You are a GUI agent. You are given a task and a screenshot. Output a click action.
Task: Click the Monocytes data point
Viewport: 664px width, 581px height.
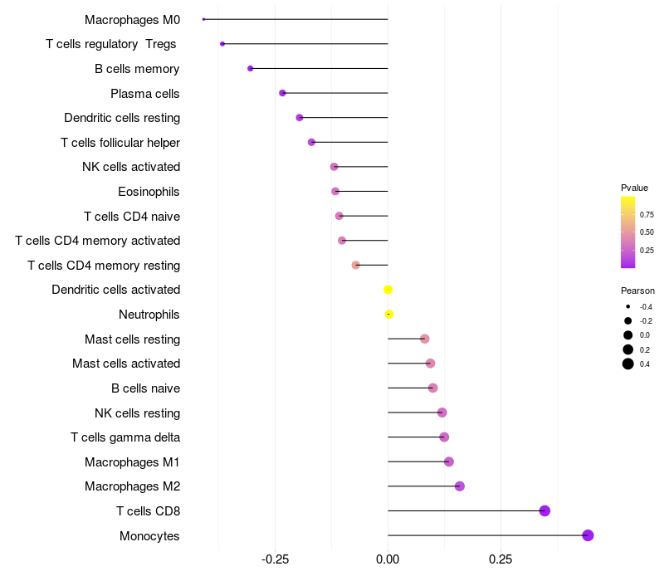[588, 535]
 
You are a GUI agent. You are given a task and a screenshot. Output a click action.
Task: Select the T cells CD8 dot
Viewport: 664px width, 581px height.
[544, 510]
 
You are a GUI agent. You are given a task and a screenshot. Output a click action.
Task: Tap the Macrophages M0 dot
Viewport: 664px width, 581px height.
[203, 19]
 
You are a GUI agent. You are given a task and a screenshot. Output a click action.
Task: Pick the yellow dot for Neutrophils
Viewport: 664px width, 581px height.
[388, 314]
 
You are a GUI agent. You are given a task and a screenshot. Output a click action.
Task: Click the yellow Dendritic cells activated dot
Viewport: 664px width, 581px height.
[388, 290]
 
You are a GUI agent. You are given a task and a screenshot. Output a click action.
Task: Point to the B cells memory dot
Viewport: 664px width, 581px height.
[250, 68]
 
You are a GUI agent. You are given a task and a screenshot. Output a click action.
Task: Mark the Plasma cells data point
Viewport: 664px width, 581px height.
[282, 93]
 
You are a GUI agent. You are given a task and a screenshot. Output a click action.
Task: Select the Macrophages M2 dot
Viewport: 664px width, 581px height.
[459, 486]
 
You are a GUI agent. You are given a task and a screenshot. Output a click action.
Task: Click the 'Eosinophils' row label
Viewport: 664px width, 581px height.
[149, 192]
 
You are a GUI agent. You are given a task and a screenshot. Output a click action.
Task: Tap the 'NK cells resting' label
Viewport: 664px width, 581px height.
[137, 413]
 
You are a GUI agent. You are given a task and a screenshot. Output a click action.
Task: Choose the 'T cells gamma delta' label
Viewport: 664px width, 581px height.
[125, 437]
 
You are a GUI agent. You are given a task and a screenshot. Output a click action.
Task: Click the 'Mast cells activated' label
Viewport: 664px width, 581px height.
[126, 364]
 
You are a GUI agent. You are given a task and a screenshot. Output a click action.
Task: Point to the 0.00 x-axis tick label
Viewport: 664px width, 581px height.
[388, 560]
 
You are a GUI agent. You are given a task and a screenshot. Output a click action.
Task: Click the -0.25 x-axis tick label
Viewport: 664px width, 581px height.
[275, 560]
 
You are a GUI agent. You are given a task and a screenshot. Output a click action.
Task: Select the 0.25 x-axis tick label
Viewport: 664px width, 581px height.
[500, 560]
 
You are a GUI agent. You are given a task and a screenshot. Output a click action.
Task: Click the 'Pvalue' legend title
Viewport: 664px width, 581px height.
[634, 188]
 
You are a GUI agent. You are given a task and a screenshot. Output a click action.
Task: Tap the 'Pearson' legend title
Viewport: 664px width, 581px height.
[637, 290]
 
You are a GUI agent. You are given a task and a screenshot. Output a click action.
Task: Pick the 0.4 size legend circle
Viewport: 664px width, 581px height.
[628, 364]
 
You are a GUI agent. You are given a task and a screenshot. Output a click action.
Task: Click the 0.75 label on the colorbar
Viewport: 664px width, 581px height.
[647, 214]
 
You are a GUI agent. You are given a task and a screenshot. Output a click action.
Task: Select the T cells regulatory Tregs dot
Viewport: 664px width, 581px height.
[222, 43]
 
